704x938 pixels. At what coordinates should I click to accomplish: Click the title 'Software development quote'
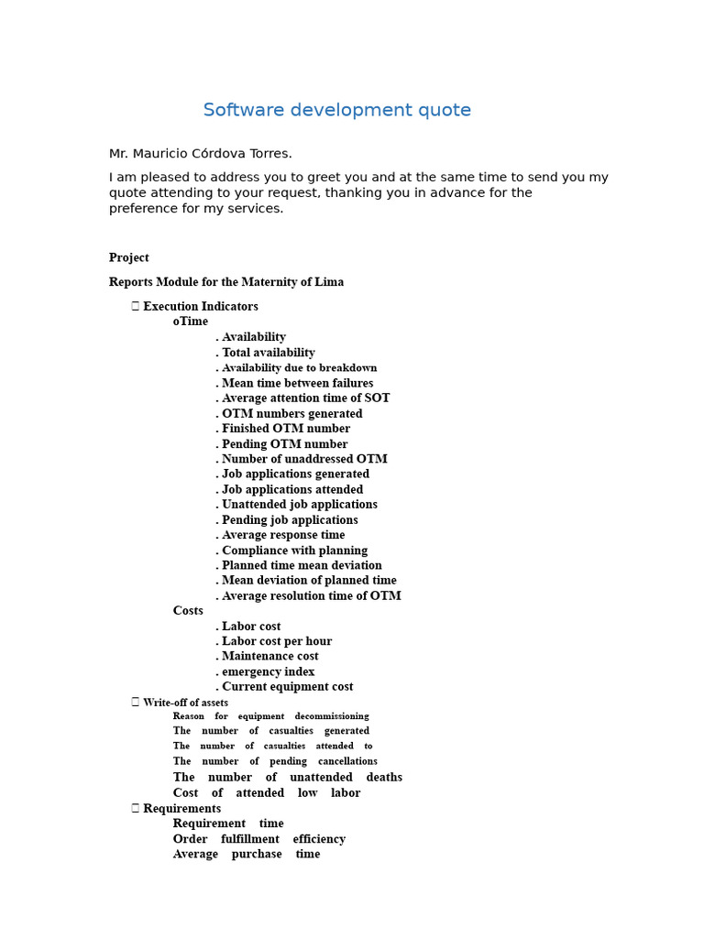[x=336, y=111]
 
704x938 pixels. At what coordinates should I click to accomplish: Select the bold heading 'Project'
[x=129, y=258]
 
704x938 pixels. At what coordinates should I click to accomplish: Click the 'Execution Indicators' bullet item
[x=200, y=307]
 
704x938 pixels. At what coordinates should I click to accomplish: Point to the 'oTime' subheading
[x=191, y=322]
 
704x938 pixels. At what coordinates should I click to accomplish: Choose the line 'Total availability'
[x=268, y=353]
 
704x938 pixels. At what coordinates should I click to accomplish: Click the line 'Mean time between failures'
[x=297, y=383]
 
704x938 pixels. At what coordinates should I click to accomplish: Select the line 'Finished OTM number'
[x=285, y=429]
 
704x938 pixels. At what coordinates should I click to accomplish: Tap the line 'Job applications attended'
[x=291, y=490]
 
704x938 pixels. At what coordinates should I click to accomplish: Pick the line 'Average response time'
[x=283, y=535]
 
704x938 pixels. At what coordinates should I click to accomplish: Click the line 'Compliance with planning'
[x=294, y=551]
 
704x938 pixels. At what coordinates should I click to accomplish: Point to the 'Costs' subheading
[x=188, y=611]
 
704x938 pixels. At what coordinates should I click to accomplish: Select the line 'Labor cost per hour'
[x=276, y=641]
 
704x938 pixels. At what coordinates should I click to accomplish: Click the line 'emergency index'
[x=268, y=671]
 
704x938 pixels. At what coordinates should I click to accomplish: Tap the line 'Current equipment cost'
[x=287, y=687]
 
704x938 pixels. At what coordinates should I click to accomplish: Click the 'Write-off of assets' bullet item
[x=185, y=703]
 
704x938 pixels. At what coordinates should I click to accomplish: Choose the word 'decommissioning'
[x=331, y=716]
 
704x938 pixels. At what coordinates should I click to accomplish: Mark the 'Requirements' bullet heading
[x=181, y=809]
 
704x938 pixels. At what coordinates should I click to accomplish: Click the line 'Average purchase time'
[x=247, y=855]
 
